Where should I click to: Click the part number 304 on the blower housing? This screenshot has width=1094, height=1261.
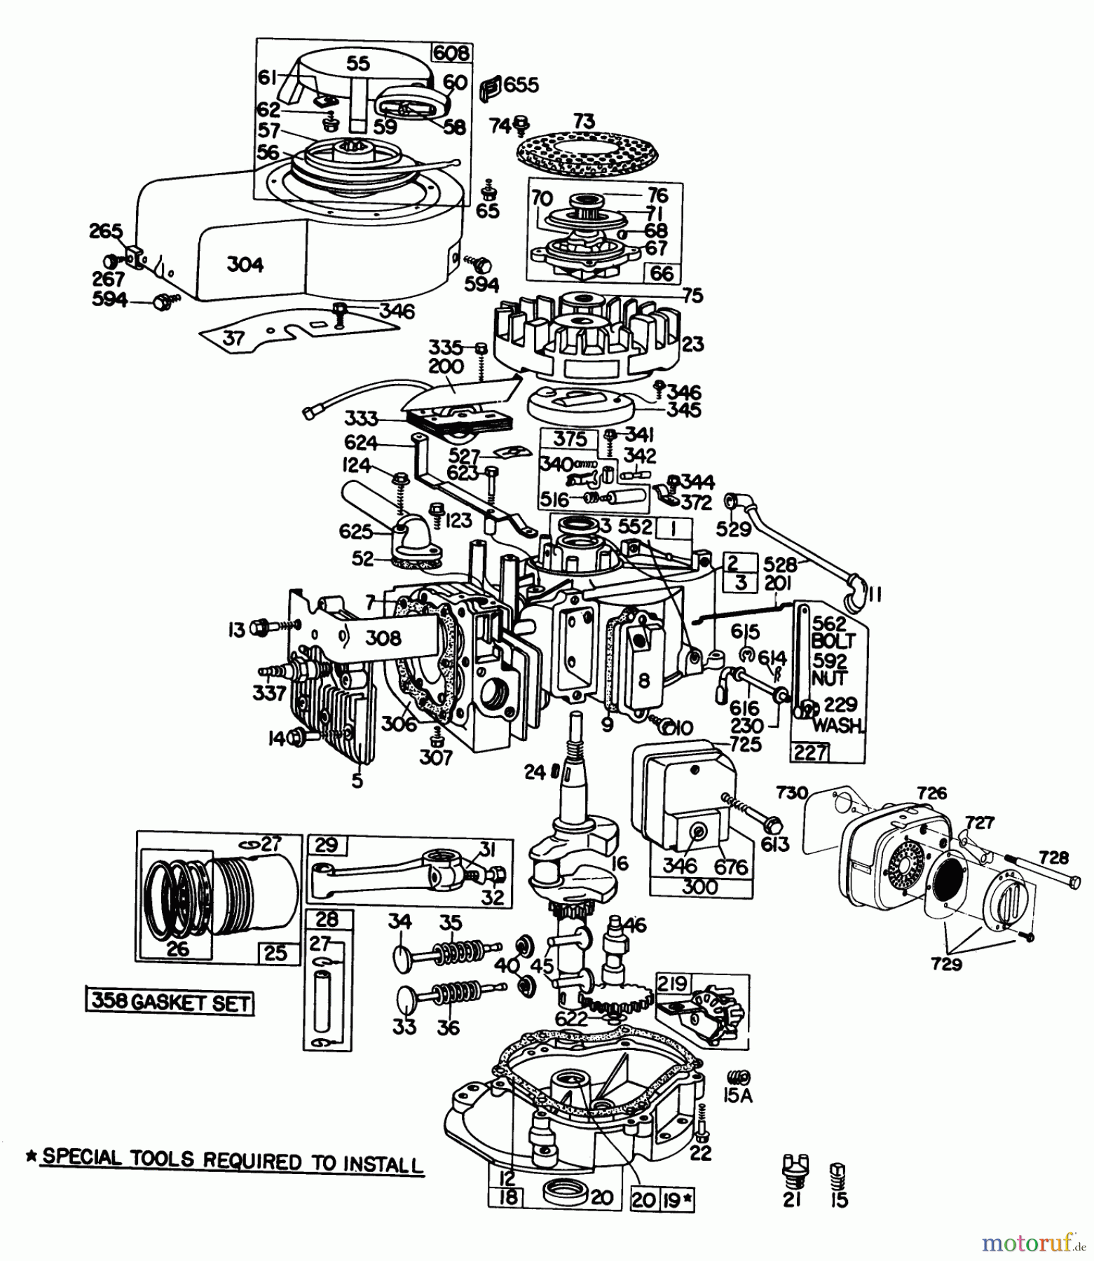245,264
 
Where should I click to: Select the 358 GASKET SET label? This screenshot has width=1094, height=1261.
170,1003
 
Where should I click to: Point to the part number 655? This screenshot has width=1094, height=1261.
521,85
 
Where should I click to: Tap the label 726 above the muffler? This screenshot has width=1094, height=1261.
932,793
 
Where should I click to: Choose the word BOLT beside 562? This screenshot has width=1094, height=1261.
833,641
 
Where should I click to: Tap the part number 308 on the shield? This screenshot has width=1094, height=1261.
383,638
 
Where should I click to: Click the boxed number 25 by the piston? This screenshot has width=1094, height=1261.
276,953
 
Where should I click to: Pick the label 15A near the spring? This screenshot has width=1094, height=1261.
737,1095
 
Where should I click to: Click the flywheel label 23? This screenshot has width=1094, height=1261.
692,344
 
